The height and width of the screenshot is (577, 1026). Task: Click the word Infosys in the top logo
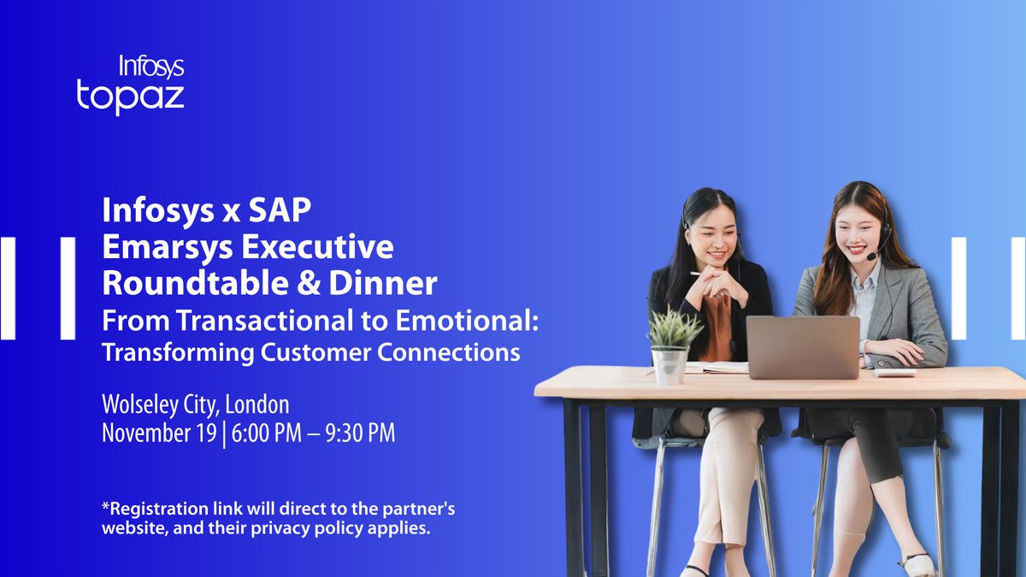coord(151,67)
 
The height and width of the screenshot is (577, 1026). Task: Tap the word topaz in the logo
coord(130,96)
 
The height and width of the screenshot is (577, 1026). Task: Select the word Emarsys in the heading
coord(162,247)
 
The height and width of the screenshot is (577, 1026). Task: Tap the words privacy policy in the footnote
coord(325,529)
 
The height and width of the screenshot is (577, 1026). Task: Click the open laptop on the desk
coord(802,346)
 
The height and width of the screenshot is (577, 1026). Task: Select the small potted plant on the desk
coord(671,342)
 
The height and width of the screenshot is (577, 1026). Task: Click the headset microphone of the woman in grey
coord(871,256)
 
